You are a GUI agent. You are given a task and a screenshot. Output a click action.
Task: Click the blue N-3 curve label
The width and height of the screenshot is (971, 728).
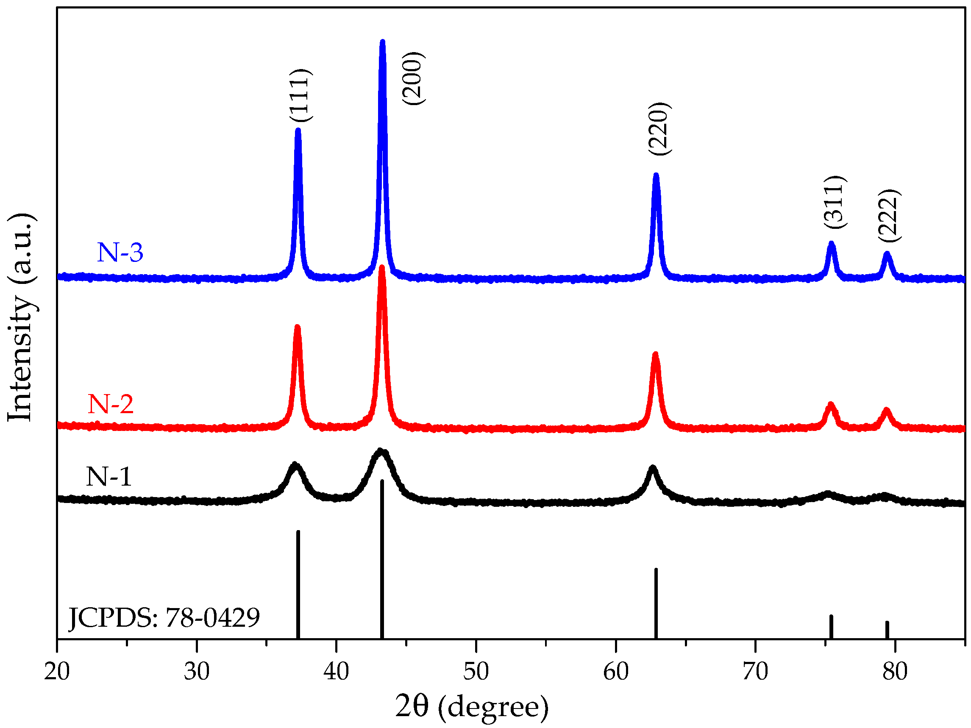tap(120, 253)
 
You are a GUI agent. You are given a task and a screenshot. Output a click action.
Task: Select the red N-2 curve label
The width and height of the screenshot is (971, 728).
tap(110, 404)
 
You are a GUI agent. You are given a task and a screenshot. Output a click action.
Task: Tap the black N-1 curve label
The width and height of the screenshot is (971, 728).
tap(109, 477)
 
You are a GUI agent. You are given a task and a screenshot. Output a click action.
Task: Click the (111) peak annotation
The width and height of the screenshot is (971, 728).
tap(301, 95)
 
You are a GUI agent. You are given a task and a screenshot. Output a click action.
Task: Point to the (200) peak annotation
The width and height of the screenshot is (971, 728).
tap(413, 78)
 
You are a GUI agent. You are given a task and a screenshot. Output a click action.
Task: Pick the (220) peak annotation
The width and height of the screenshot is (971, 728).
tap(659, 128)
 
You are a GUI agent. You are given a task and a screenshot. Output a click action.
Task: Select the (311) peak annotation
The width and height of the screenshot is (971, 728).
tap(835, 202)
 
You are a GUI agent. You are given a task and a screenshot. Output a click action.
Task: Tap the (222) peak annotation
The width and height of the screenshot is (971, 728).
tap(889, 215)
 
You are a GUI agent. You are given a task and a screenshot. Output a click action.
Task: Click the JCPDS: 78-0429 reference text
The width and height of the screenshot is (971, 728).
tap(164, 618)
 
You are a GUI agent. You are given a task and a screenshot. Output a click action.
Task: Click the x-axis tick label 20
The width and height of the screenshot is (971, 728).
tap(57, 671)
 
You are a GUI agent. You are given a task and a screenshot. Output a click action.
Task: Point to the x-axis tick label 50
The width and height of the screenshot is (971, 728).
tap(476, 671)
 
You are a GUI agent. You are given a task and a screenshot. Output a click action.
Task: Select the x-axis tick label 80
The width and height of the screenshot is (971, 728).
tap(895, 671)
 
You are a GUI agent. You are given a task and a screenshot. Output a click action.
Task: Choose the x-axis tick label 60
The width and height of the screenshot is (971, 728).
tap(616, 671)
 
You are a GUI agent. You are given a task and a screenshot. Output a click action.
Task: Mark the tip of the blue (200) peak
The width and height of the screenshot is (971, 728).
tap(382, 42)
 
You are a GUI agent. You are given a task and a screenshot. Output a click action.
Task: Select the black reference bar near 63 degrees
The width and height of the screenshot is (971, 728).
tap(656, 603)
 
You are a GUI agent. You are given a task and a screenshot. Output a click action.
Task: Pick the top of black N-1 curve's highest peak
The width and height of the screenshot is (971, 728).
tap(381, 451)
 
